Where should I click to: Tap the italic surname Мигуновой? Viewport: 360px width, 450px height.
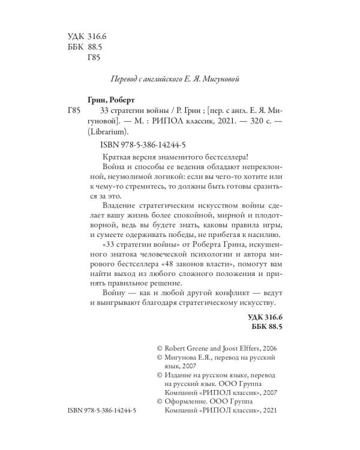point(223,79)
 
